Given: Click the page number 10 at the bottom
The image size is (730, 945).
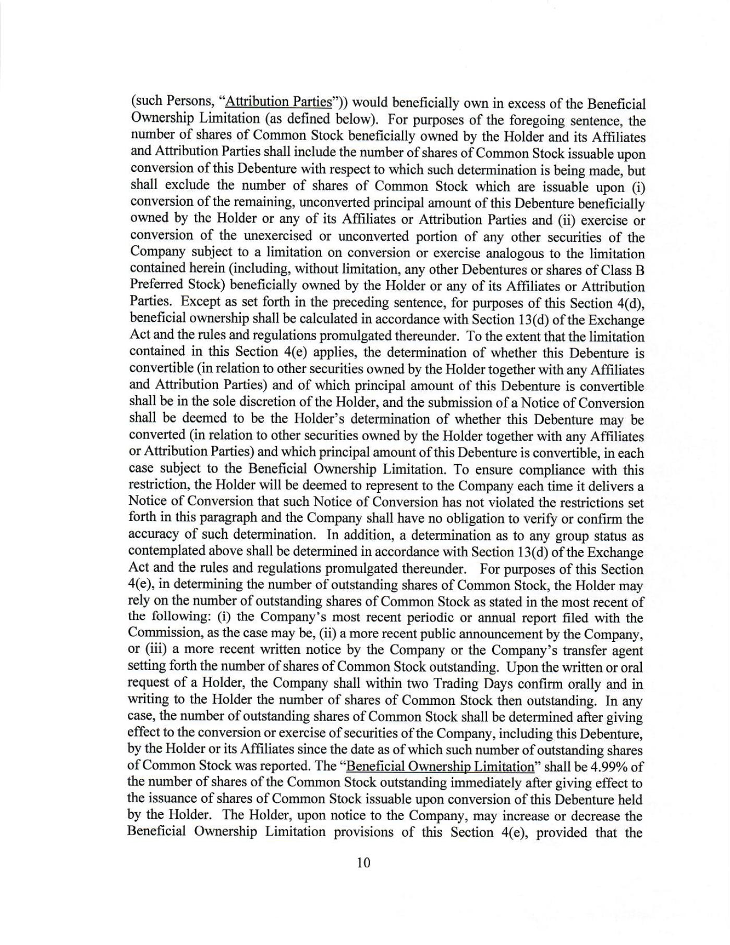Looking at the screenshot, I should (363, 863).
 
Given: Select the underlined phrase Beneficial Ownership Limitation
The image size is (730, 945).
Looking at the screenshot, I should (440, 766).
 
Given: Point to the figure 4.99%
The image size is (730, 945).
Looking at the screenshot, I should (609, 766).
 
